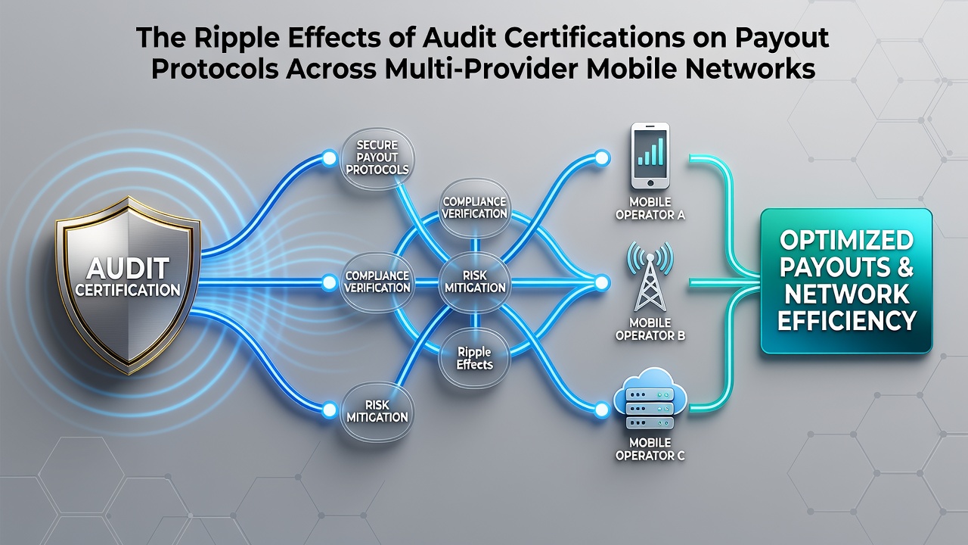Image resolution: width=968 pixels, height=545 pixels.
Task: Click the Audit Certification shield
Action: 129,285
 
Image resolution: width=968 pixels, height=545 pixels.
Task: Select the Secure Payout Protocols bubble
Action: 377,157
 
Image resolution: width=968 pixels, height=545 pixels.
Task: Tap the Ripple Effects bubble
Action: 474,358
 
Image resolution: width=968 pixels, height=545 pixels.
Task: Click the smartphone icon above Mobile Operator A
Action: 650,156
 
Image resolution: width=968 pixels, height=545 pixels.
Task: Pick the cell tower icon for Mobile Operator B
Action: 650,276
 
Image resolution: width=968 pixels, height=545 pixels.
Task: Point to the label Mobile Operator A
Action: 650,208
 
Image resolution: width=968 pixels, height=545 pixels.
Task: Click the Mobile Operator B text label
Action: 650,329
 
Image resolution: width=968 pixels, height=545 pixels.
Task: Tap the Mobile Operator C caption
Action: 650,449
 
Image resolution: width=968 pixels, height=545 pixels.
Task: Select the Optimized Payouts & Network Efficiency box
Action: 846,281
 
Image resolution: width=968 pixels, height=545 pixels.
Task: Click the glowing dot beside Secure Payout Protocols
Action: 329,158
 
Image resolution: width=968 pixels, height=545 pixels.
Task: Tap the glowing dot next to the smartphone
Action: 601,158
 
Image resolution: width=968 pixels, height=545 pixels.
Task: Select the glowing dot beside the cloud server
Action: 601,410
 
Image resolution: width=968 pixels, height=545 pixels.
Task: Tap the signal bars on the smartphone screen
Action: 650,151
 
